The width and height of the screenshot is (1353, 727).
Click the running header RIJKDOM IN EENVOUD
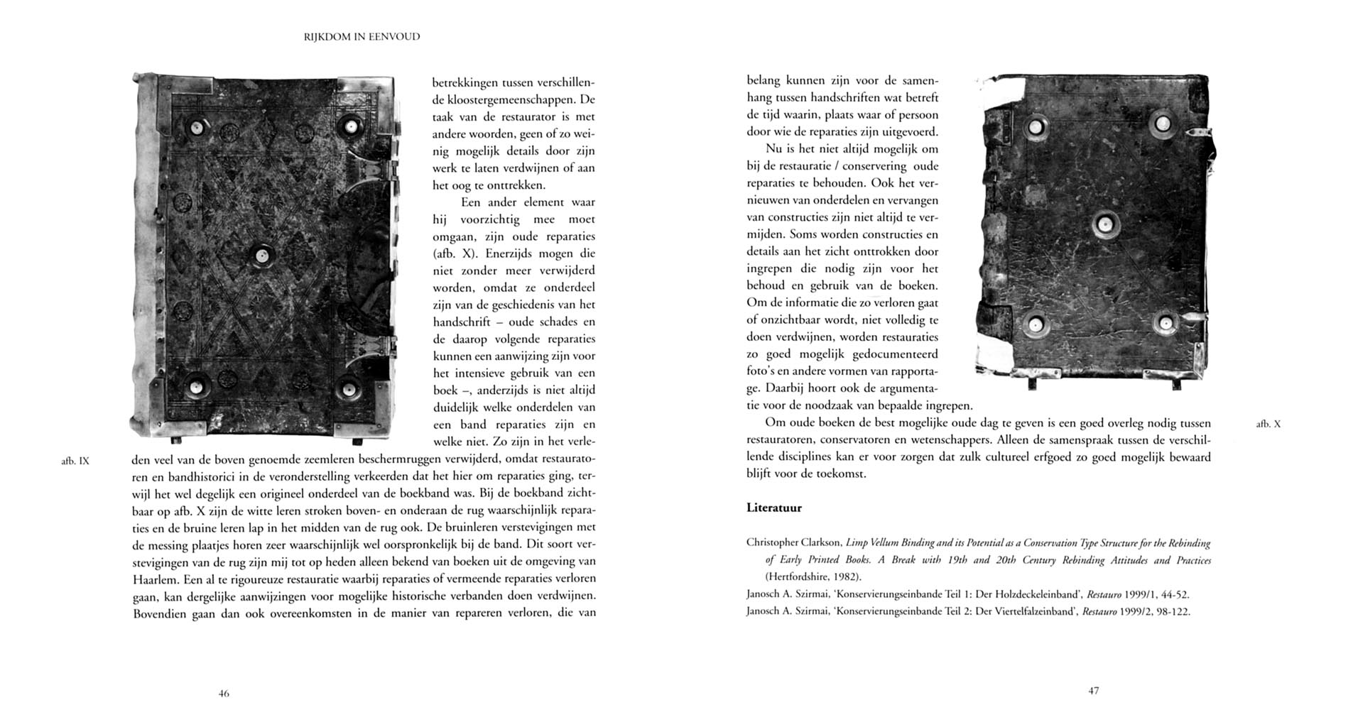coord(362,37)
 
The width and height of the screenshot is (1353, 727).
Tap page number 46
coord(224,694)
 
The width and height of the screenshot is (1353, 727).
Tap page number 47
coord(1094,691)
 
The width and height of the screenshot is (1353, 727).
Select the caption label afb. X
coord(1268,424)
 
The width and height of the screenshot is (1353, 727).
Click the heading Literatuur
coord(774,508)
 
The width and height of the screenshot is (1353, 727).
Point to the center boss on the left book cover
coord(262,256)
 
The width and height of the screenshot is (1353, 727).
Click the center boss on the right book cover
coord(1105,224)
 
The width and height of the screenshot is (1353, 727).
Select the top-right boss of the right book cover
coord(1162,125)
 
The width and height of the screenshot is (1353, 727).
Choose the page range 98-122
coord(1168,612)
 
